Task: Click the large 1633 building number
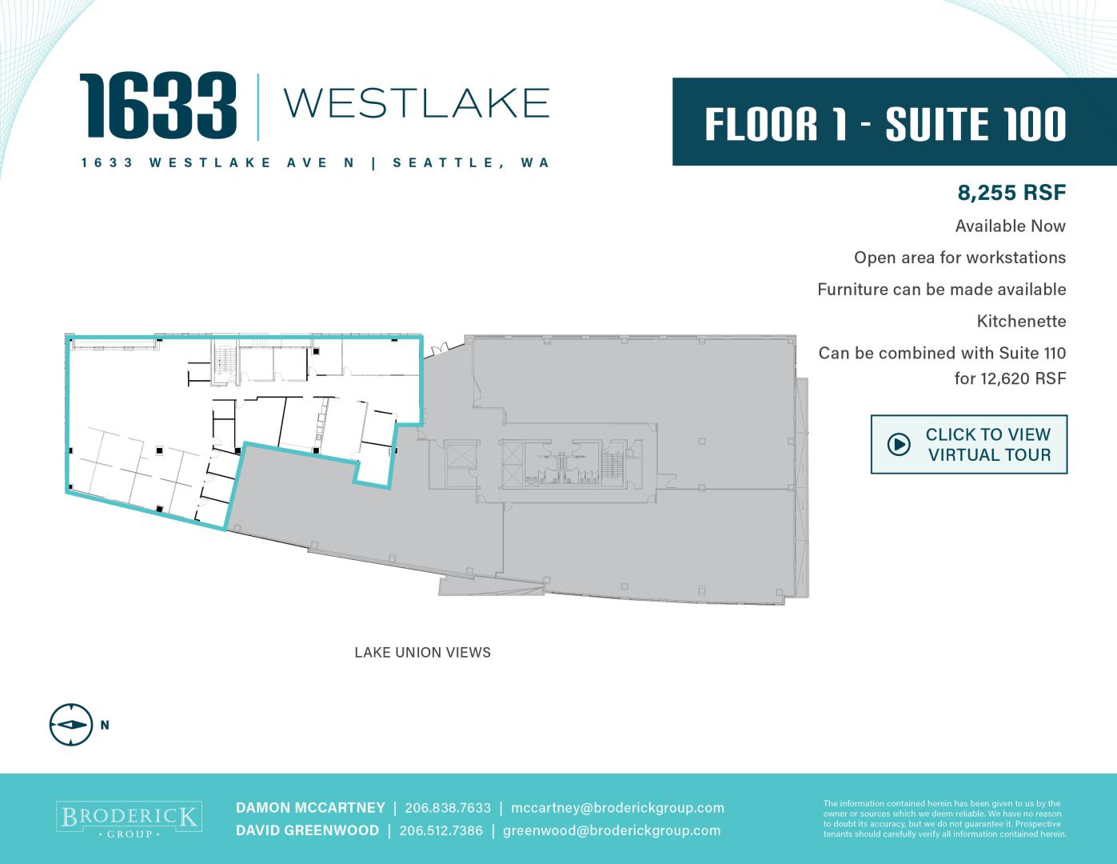click(158, 106)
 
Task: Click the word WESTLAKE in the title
click(417, 103)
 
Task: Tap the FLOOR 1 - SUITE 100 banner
click(895, 122)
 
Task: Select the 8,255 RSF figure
click(1011, 193)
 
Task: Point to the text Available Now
click(1010, 226)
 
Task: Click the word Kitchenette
click(1021, 322)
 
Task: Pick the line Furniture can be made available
click(942, 290)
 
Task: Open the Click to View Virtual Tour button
click(969, 444)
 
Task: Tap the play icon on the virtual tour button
click(899, 444)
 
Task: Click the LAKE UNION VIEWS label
click(422, 653)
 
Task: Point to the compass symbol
click(71, 725)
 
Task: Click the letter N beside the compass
click(105, 725)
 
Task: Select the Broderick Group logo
click(129, 819)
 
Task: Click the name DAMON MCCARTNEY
click(310, 808)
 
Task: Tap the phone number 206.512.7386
click(441, 830)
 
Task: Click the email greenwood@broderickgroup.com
click(612, 831)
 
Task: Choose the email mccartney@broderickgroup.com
click(617, 809)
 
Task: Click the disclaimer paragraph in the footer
click(945, 818)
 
